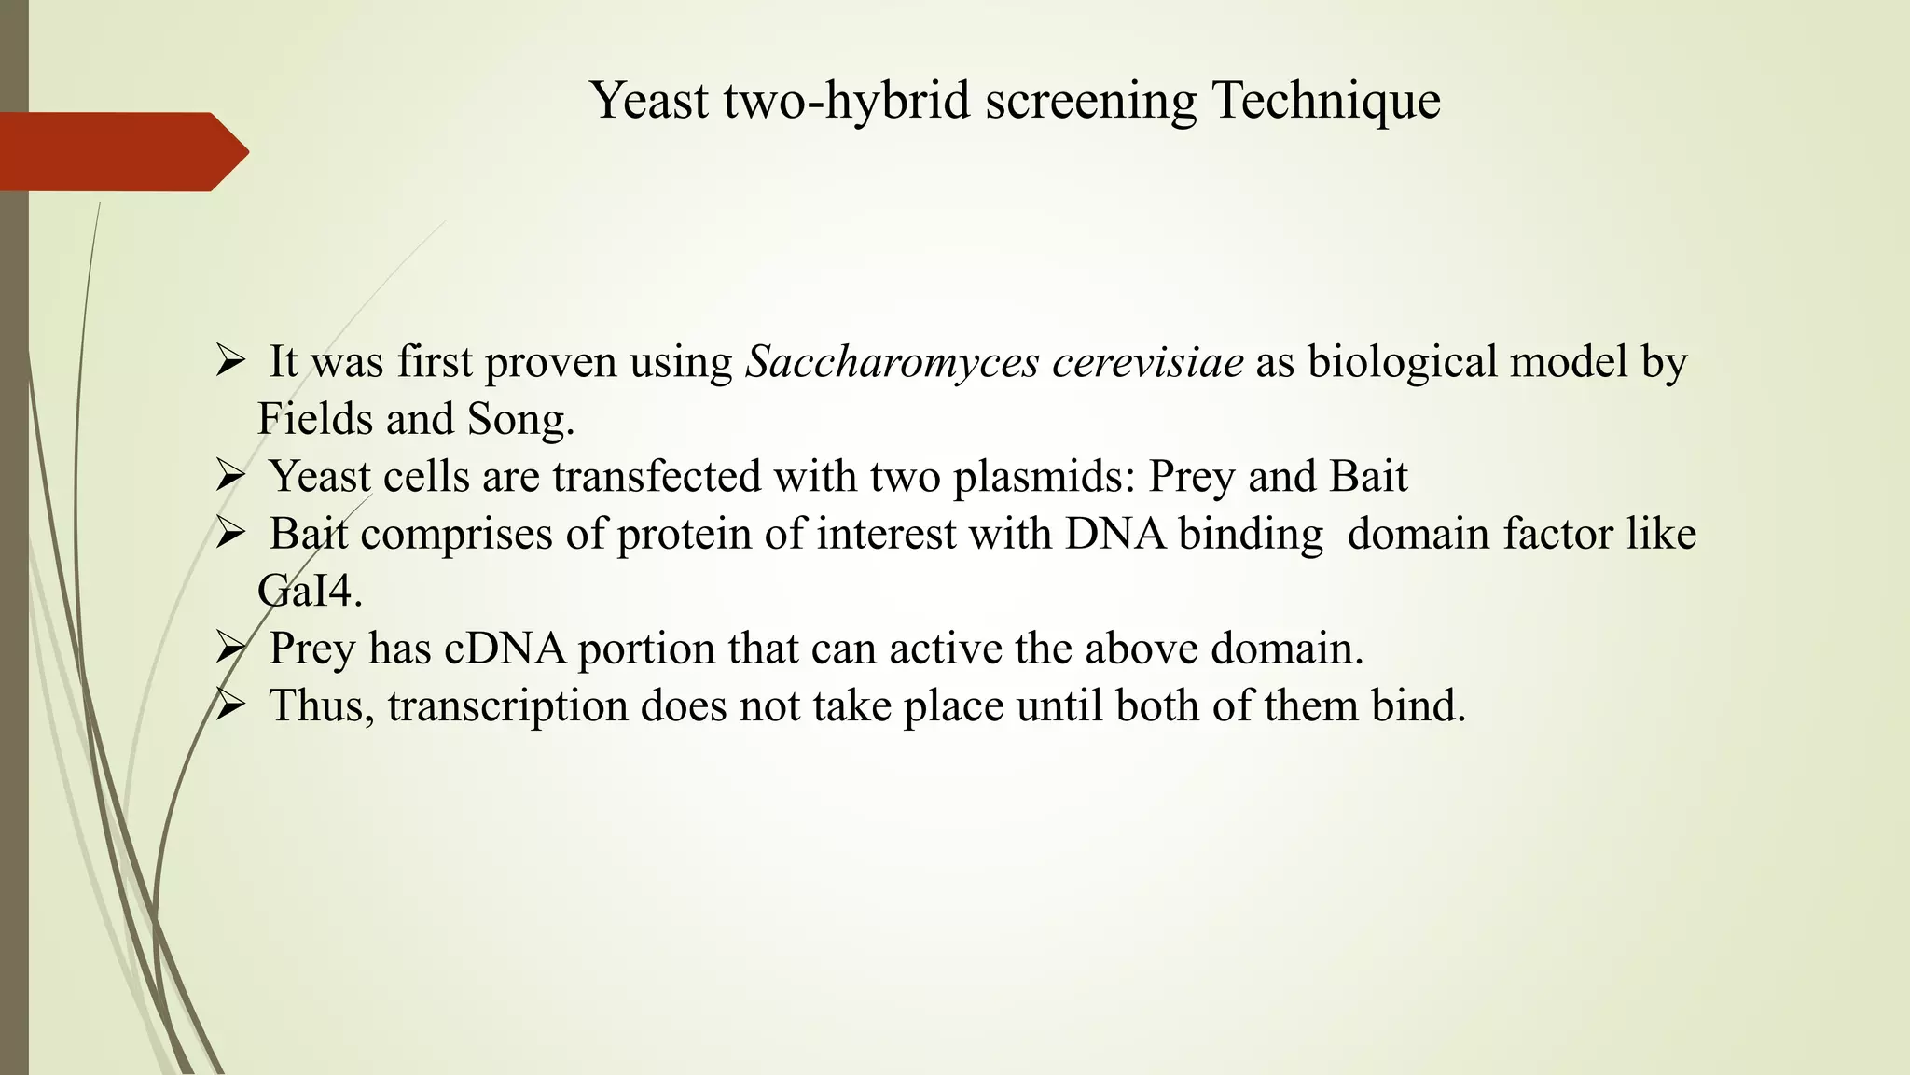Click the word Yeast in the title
tap(650, 100)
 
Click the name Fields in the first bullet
tap(314, 419)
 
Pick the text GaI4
tap(308, 592)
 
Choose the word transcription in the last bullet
tap(507, 706)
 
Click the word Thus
tap(320, 706)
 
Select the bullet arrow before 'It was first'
tap(228, 361)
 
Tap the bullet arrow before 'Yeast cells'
tap(228, 477)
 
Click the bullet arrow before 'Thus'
tap(228, 706)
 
